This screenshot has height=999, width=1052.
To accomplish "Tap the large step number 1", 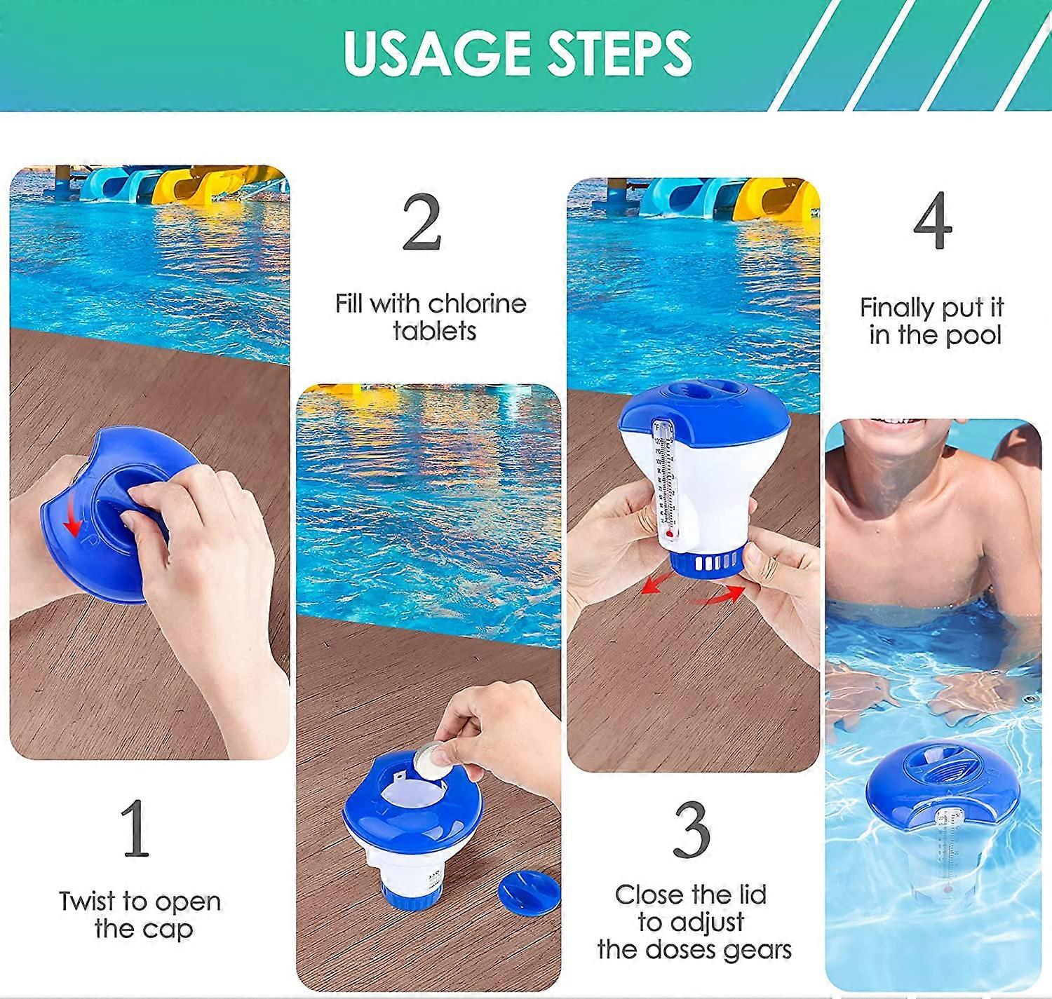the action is [135, 829].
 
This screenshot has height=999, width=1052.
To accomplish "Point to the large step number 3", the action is [692, 829].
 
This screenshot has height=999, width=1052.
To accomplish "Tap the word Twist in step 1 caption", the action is [87, 901].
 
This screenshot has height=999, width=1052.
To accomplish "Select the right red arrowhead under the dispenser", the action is [734, 591].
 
